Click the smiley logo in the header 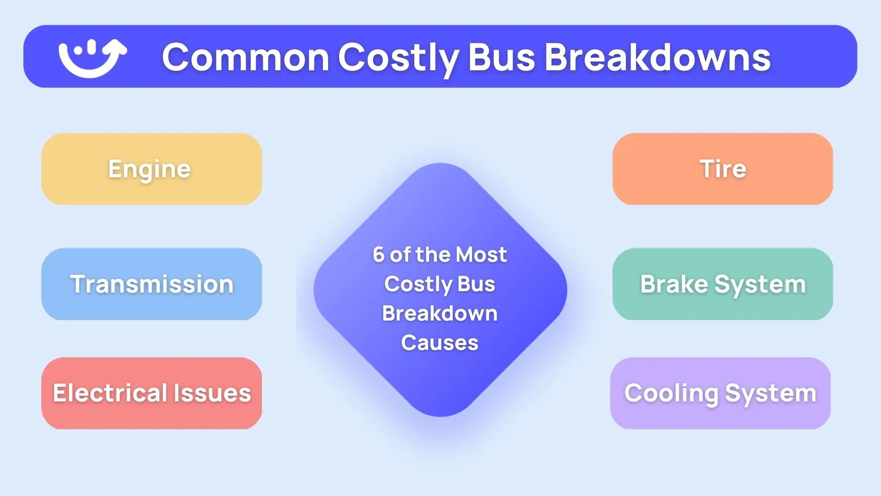92,57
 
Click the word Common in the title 245,57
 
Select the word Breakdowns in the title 657,57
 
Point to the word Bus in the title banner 502,57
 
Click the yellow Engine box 151,169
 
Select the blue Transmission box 151,284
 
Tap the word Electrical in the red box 110,393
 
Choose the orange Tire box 723,169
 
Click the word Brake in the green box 674,284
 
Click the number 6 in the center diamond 378,254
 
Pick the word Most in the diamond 481,254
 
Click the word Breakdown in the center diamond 440,313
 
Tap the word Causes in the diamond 440,343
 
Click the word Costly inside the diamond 418,284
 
